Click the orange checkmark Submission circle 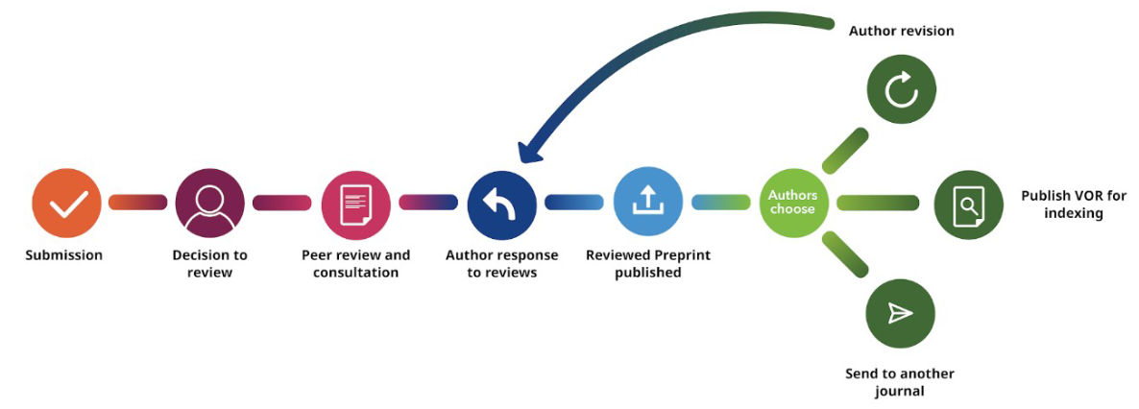[x=66, y=203]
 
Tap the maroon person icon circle [x=210, y=203]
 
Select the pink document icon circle [x=356, y=203]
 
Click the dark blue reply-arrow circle [x=502, y=204]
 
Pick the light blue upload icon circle [x=647, y=203]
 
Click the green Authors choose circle [x=793, y=203]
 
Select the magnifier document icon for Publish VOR [x=968, y=204]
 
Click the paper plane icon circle [x=900, y=314]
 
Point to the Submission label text [x=64, y=255]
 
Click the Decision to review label [x=209, y=263]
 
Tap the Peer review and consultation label [x=355, y=263]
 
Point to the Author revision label [x=901, y=32]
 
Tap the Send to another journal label [x=899, y=382]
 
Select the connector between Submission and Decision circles [x=137, y=203]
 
